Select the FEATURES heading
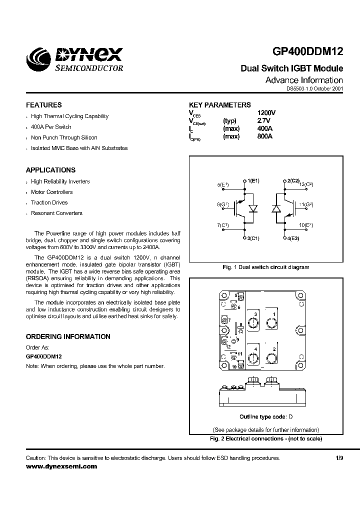(44, 105)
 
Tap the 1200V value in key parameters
(266, 113)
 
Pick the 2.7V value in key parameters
(264, 121)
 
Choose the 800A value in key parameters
(264, 136)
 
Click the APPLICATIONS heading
(50, 170)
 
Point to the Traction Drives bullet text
(49, 202)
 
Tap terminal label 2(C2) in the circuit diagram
(293, 180)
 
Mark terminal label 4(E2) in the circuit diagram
(293, 238)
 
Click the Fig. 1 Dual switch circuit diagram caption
(265, 267)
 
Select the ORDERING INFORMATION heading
(68, 337)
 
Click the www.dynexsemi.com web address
(61, 466)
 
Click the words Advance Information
(303, 80)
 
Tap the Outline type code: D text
(265, 417)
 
